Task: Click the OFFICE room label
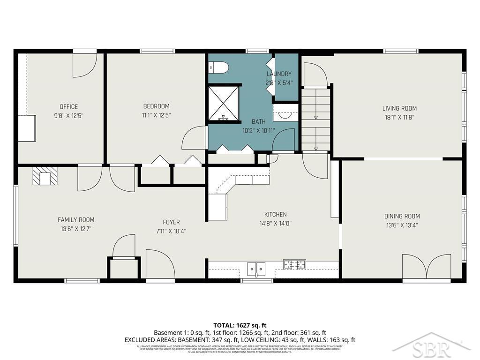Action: [68, 106]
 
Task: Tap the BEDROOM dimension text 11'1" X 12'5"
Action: [156, 114]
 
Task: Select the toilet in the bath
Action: [218, 68]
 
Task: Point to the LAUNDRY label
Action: [279, 74]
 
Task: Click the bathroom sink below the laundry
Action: [285, 113]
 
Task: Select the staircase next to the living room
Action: [316, 120]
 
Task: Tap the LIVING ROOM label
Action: [399, 108]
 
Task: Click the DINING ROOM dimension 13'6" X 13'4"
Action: [402, 225]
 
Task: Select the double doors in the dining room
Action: [427, 267]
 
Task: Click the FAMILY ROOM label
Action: [76, 219]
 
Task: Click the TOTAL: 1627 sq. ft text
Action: [240, 325]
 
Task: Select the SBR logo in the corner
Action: [431, 348]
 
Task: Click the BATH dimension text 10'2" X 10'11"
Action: [258, 131]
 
